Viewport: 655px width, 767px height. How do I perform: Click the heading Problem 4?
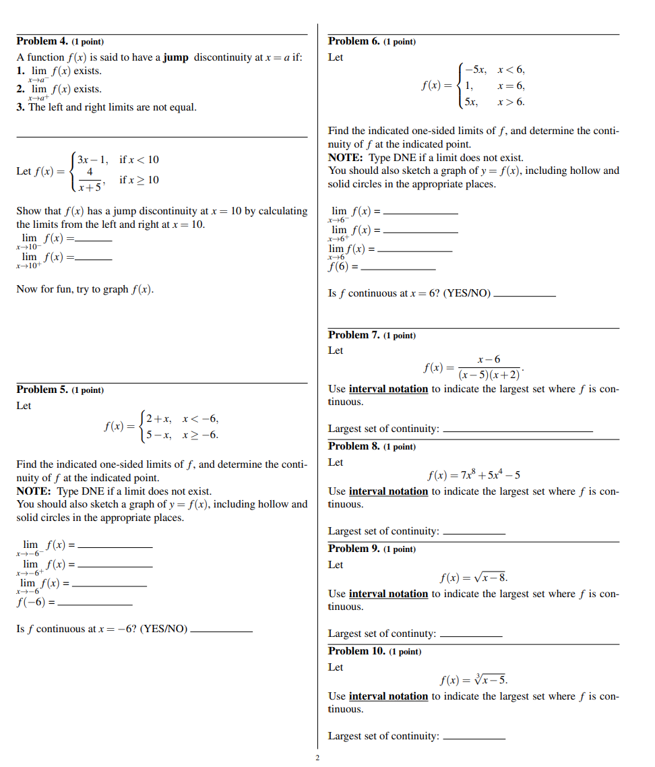coord(42,42)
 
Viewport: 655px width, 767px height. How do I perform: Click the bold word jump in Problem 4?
coord(175,57)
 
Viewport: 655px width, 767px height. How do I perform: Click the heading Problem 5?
coord(42,390)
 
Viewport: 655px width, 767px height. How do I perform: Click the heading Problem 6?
coord(353,42)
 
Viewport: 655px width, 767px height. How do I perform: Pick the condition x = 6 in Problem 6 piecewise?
coord(511,86)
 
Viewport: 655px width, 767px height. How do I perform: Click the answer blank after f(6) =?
coord(398,270)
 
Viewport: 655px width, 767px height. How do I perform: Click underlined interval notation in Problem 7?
coord(388,389)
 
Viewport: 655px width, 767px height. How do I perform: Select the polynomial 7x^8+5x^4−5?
coord(473,476)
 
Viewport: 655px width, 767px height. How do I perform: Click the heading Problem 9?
coord(353,549)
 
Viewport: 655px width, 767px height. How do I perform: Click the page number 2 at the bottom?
coord(317,758)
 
